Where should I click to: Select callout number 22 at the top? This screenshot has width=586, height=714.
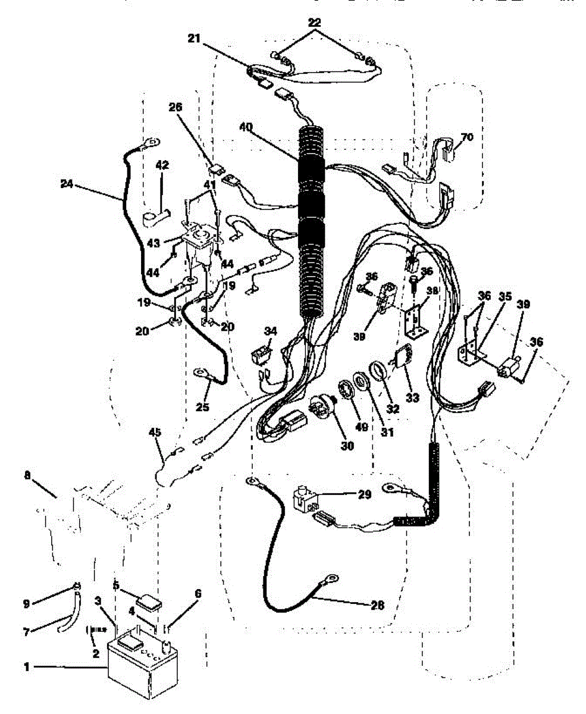pyautogui.click(x=315, y=23)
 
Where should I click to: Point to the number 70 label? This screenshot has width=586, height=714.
pyautogui.click(x=467, y=137)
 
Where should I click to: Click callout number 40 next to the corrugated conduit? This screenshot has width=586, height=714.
pyautogui.click(x=246, y=126)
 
